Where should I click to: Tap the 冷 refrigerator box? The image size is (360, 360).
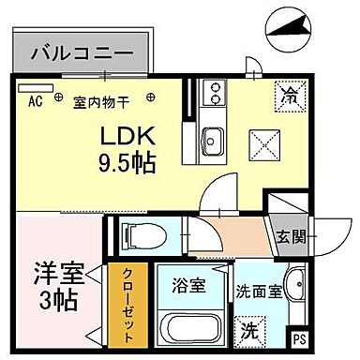click(x=288, y=95)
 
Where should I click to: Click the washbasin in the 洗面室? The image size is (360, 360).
click(x=295, y=287)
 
